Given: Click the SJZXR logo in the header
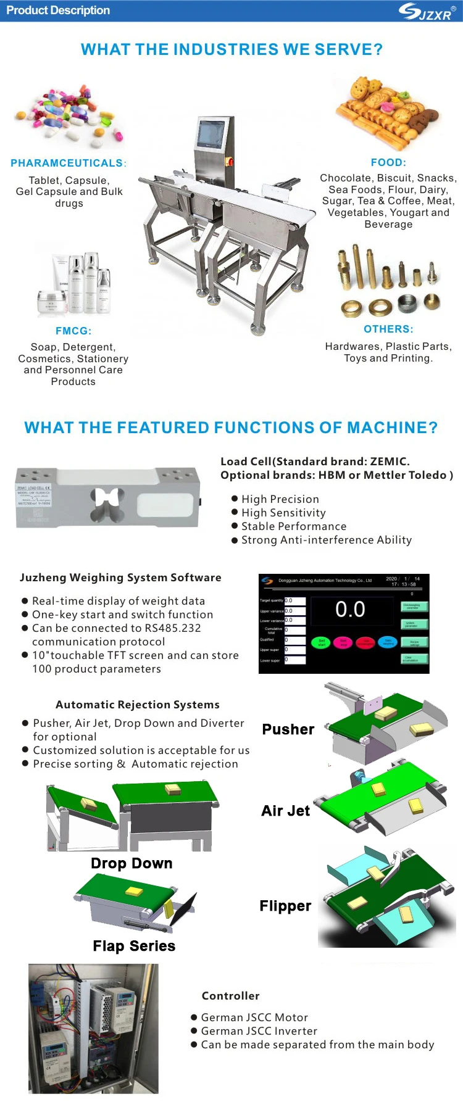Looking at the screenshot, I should point(427,12).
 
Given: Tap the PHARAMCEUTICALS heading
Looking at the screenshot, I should point(68,164).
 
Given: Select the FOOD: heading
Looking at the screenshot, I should point(388,163).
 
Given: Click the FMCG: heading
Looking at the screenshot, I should point(73,331).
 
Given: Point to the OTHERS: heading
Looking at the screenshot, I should point(388,329).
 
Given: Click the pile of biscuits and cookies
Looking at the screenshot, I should point(387,112).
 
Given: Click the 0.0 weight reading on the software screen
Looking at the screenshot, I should point(350,610).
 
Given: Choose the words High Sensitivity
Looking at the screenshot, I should point(283,513).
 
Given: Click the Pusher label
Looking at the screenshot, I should point(288,729).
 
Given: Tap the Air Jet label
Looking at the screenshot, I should point(285,811).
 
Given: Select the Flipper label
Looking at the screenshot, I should point(285,906).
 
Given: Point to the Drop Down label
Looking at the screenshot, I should point(131,863).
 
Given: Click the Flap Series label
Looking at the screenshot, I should point(134,946).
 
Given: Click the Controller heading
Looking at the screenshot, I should point(230,996).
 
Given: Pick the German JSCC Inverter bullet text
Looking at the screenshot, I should point(259,1031).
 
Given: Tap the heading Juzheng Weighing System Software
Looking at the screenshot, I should point(120,578).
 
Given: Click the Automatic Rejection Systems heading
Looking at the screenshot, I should point(137,705).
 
